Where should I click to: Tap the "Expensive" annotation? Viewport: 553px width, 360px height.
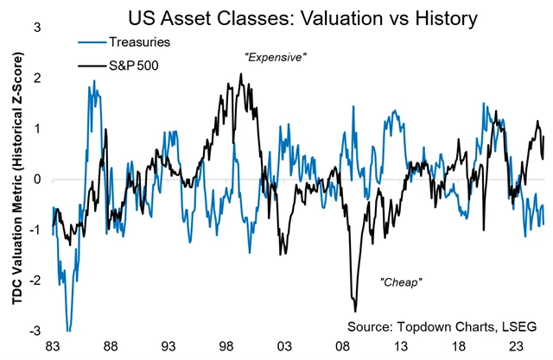276,56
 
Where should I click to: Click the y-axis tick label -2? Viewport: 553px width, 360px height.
35,281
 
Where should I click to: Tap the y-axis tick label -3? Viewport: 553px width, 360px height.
35,332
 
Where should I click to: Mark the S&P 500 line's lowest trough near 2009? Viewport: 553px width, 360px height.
355,311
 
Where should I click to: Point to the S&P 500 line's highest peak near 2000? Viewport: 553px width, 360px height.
240,74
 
